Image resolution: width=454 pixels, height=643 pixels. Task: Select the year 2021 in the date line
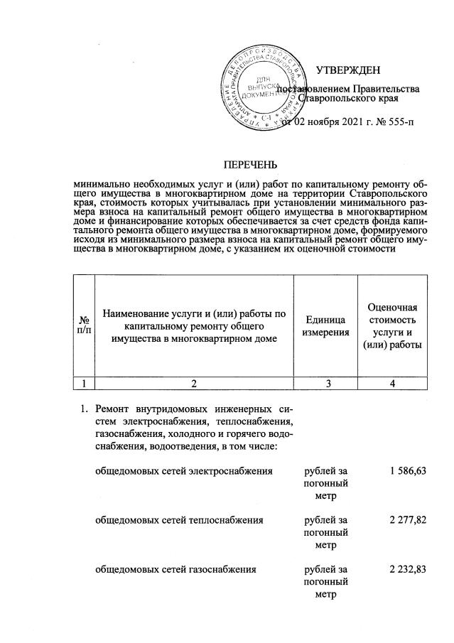coord(347,123)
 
